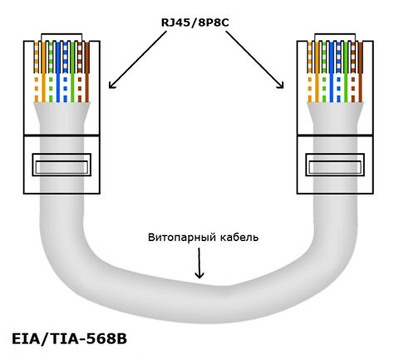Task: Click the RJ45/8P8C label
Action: coord(195,22)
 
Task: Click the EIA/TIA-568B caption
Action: coord(69,338)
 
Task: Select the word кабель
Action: coord(239,237)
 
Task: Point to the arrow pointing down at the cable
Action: coord(199,263)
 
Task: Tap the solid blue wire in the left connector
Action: coord(58,72)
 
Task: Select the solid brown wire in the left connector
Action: coord(87,72)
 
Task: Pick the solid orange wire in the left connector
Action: coord(43,72)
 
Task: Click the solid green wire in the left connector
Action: coord(72,72)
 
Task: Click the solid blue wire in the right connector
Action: coord(332,72)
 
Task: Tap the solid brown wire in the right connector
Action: coord(361,72)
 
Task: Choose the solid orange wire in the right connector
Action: coord(317,72)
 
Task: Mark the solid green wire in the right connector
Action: coord(346,72)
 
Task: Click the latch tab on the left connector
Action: coord(62,165)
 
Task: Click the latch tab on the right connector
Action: coord(335,165)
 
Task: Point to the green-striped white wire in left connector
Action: coord(51,72)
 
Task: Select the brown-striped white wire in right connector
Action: coord(353,72)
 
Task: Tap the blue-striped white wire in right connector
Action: coord(338,72)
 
